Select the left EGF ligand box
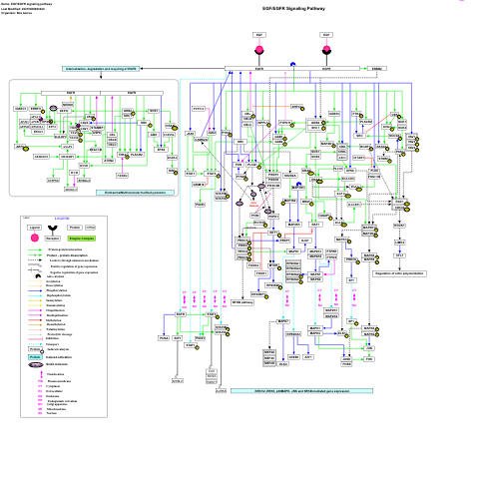coord(259,35)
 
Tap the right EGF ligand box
coord(326,35)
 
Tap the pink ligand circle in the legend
coord(34,229)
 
